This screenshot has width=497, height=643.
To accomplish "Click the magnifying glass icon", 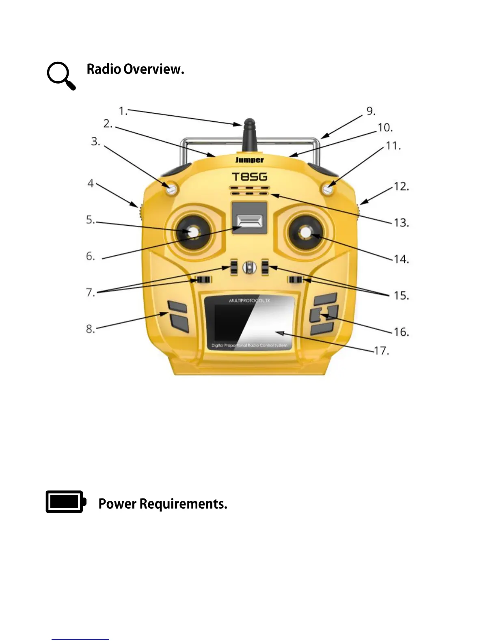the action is point(61,76).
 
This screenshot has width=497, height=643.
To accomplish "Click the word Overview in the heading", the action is point(153,69).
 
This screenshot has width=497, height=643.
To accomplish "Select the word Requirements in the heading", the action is point(183,504).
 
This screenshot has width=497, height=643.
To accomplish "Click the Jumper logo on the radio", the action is point(249,160).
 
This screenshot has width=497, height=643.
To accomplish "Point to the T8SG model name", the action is point(249,177).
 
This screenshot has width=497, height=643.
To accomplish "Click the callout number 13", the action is point(401,222).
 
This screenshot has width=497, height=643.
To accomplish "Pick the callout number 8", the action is point(90,328).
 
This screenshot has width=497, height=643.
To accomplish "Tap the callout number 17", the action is point(381,350).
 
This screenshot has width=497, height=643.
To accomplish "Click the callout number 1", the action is point(123,111).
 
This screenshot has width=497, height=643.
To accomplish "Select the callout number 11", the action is point(393,145).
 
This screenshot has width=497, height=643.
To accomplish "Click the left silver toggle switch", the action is point(171,189).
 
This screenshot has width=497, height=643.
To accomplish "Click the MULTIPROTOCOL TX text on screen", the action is point(249,301).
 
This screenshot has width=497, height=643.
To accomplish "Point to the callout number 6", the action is point(90,256).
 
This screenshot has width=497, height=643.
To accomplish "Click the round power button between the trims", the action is point(250,267).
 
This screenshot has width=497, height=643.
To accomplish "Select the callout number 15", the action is point(401,295).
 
